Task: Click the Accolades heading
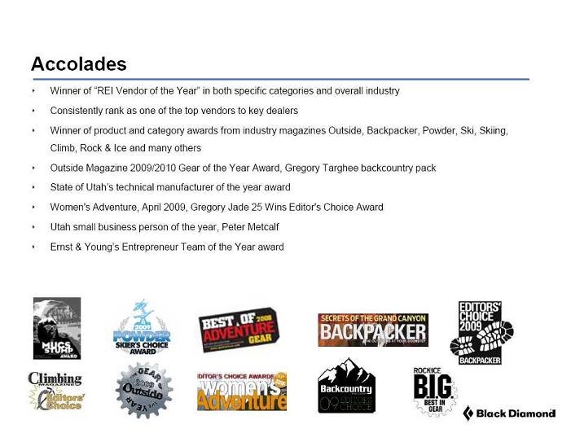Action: (79, 63)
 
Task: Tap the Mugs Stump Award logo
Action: (57, 328)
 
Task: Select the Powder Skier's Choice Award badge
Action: (142, 326)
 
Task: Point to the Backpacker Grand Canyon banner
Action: (372, 330)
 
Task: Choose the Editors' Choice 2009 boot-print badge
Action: (481, 332)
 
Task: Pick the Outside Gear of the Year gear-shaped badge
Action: (143, 390)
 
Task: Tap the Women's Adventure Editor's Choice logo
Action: (242, 391)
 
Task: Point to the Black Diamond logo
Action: (509, 413)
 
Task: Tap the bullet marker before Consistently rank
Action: (34, 111)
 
